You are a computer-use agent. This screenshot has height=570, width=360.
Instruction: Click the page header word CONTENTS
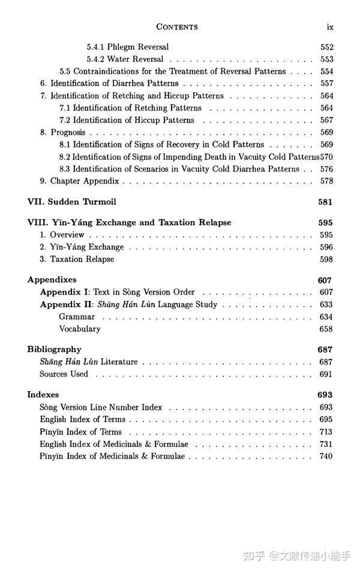(177, 26)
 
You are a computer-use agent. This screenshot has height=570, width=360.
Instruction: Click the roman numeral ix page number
(329, 26)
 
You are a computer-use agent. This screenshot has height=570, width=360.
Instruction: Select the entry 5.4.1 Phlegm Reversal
(127, 47)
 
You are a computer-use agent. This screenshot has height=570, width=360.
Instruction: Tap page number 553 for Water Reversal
(326, 59)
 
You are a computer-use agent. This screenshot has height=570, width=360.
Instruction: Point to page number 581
(325, 202)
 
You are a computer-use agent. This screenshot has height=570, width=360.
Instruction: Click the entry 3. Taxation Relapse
(77, 259)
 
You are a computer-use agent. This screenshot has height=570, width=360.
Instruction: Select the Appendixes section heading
(52, 280)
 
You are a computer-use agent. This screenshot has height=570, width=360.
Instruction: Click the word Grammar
(77, 317)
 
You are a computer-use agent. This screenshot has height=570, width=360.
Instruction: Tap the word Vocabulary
(80, 329)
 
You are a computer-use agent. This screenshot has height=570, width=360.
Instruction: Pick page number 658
(326, 329)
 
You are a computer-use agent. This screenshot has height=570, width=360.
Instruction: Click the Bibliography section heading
(54, 349)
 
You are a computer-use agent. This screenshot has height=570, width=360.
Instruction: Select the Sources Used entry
(64, 374)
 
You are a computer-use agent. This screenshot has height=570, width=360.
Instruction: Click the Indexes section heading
(43, 395)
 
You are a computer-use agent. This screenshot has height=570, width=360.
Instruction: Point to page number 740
(326, 456)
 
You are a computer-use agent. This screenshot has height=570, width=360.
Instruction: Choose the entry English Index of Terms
(83, 419)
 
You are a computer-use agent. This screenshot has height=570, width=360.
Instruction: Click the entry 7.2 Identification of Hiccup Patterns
(127, 120)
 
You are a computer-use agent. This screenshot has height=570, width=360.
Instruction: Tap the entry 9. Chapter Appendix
(79, 181)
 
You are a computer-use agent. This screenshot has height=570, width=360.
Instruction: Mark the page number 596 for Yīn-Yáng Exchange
(326, 247)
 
